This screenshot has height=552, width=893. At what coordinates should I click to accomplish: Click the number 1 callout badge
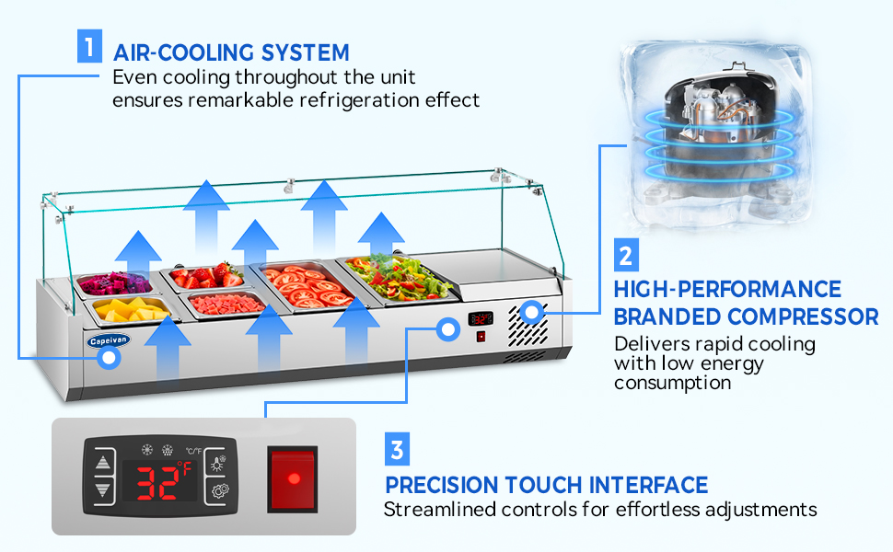pos(89,47)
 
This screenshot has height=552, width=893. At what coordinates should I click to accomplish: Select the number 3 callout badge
pos(397,450)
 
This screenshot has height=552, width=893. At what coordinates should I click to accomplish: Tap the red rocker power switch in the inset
pos(293,478)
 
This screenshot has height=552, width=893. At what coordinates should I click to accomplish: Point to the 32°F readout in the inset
pos(159,479)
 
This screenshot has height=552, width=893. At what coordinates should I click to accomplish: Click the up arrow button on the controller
pos(103,462)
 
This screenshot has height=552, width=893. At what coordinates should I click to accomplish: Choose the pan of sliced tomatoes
pos(303,286)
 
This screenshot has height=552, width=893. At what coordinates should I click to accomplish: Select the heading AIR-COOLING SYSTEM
pos(231,52)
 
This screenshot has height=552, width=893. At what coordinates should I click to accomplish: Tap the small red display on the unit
pos(480,318)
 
